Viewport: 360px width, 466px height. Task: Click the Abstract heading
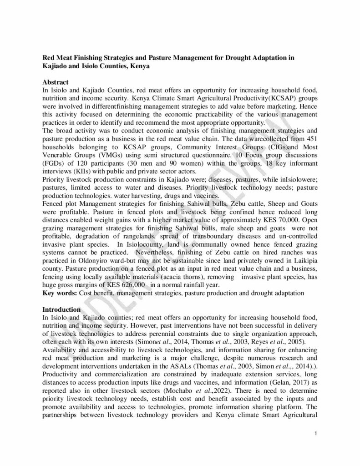55,82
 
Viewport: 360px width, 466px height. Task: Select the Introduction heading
61,310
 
